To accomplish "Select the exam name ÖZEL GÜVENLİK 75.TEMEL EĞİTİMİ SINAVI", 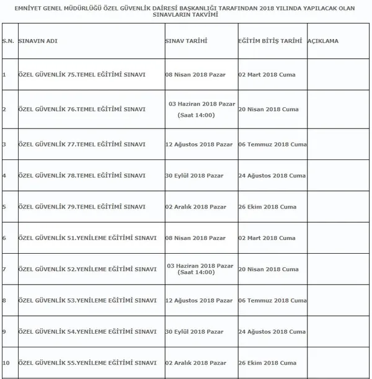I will click(82, 74).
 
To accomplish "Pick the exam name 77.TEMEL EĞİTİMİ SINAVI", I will click(82, 144).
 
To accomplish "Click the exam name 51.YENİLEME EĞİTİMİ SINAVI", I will click(86, 238).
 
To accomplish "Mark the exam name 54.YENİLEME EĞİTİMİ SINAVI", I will click(86, 331).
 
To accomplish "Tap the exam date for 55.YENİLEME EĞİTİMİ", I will click(194, 362).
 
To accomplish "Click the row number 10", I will click(6, 362).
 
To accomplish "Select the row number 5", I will click(4, 207).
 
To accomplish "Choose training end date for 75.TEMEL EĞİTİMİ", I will click(267, 74).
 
